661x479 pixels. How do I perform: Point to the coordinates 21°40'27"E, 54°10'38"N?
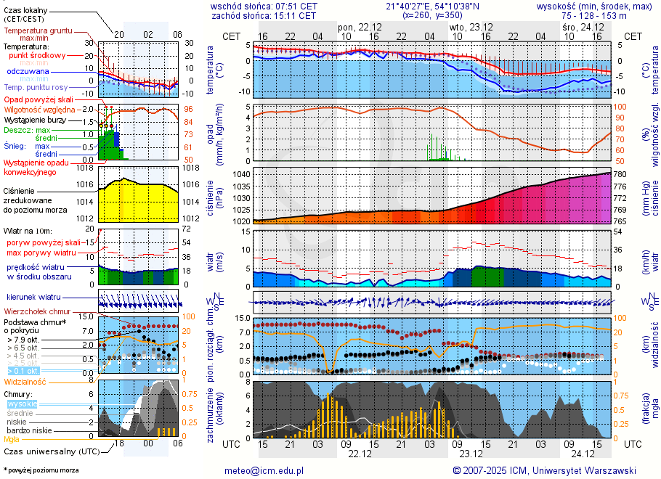tap(433, 6)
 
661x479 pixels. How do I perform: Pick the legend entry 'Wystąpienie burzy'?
tap(36, 119)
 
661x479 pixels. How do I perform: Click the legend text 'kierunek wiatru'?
tap(33, 298)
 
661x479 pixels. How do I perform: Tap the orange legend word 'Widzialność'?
tap(25, 381)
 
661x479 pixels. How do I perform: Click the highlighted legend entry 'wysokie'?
tap(22, 404)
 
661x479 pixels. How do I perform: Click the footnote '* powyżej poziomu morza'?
tap(41, 470)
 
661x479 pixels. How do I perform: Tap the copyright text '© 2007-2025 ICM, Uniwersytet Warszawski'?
tap(544, 470)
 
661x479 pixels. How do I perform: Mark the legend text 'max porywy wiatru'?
tap(41, 253)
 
